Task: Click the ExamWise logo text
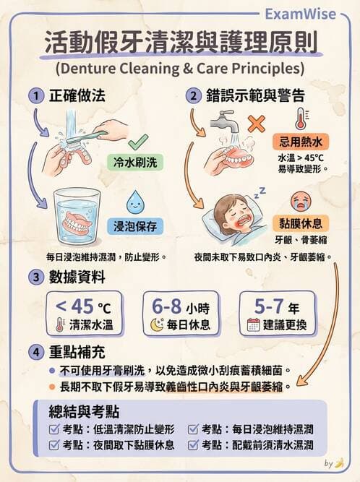click(300, 14)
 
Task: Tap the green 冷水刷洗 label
click(135, 162)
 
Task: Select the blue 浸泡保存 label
click(135, 226)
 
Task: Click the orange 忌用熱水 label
click(300, 142)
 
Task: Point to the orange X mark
click(257, 124)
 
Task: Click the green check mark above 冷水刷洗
click(138, 142)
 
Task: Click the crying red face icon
click(301, 201)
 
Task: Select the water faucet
click(223, 122)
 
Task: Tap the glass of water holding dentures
click(77, 216)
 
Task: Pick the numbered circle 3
click(36, 277)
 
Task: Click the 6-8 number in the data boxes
click(167, 306)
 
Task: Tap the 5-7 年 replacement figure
click(277, 306)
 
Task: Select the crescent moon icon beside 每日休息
click(157, 324)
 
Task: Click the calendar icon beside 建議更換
click(254, 324)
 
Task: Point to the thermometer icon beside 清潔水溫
click(60, 324)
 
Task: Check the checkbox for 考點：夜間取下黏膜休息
click(53, 445)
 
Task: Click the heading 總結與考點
click(84, 411)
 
